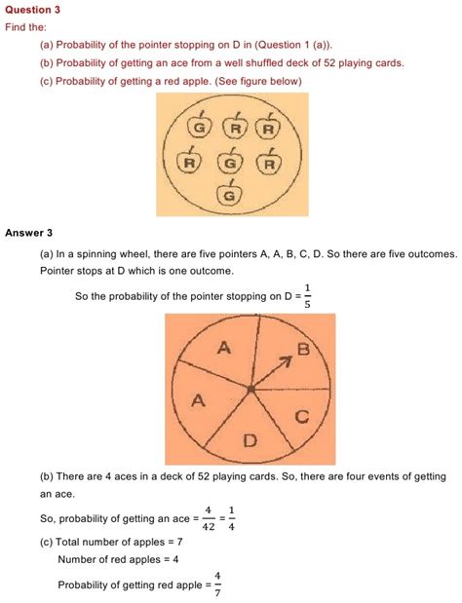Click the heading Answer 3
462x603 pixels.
coord(29,233)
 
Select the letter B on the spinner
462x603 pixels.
coord(303,348)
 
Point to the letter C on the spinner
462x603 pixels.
coord(302,417)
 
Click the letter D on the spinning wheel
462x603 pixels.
coord(250,441)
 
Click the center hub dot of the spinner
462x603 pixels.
coord(251,390)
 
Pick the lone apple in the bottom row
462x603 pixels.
coord(230,195)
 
